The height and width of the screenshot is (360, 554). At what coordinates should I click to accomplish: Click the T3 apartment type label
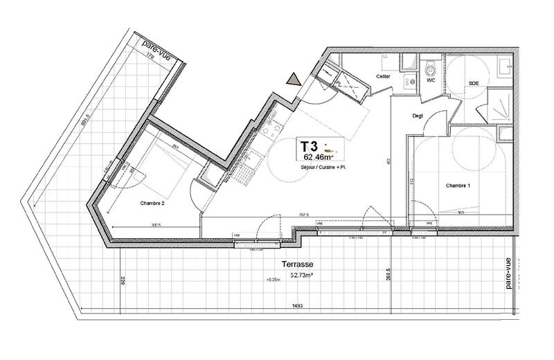pos(309,147)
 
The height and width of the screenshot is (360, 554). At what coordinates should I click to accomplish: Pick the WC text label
pos(430,81)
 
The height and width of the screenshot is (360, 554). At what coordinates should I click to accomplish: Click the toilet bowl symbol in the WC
pos(431,68)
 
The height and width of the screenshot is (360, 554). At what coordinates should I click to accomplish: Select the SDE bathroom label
pos(474,83)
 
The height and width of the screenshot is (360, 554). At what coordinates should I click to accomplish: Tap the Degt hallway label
pos(418,116)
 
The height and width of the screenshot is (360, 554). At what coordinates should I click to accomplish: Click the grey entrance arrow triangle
pos(294,79)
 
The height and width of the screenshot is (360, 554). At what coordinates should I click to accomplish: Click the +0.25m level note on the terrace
pos(274,280)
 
